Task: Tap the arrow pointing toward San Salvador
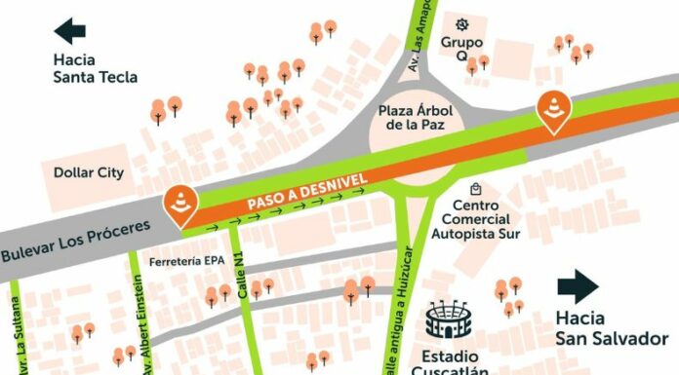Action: [x=579, y=287]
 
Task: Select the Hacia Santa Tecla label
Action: [x=95, y=68]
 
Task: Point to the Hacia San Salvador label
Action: [x=597, y=328]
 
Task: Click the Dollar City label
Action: [x=89, y=172]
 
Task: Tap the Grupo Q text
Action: [x=461, y=49]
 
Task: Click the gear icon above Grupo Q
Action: [x=462, y=22]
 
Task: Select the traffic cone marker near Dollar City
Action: [x=181, y=204]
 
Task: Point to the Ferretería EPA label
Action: [x=186, y=261]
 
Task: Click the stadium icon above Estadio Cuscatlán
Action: [x=449, y=319]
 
